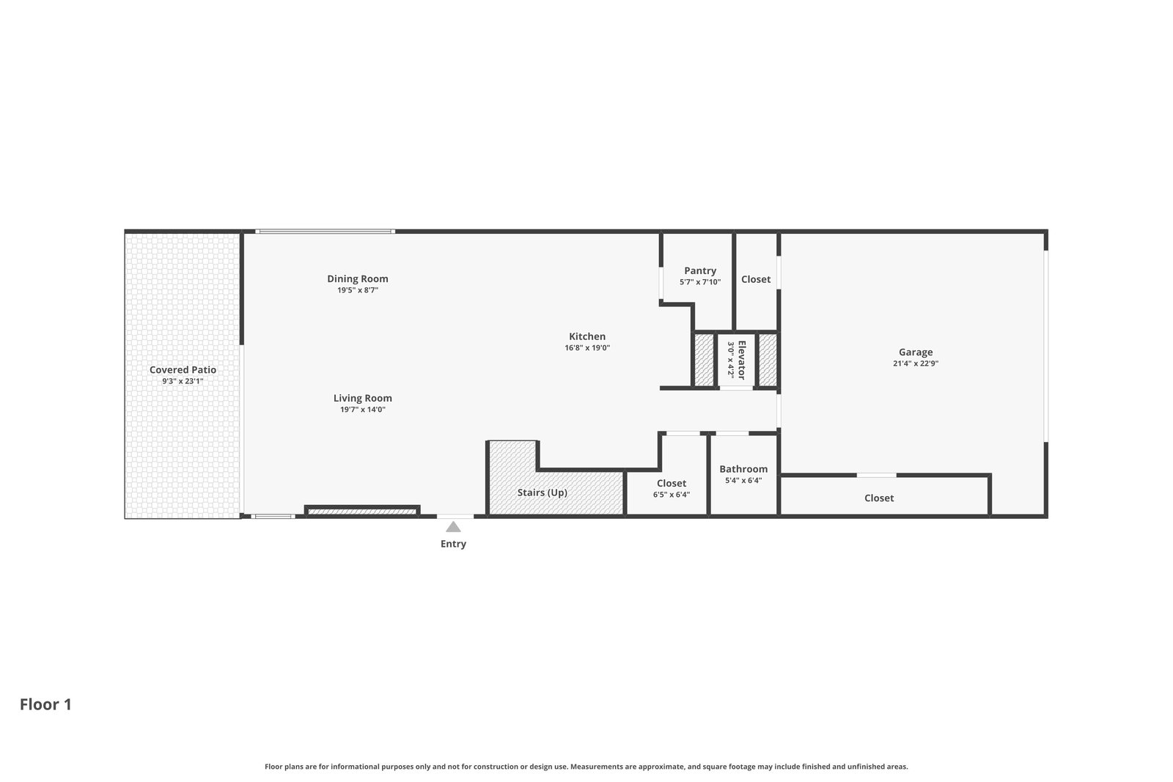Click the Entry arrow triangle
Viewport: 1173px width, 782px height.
pos(454,527)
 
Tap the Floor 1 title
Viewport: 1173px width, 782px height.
pos(45,704)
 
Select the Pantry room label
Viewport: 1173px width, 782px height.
pos(700,270)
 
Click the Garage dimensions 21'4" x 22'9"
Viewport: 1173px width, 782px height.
pos(916,364)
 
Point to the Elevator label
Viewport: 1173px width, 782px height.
pos(741,360)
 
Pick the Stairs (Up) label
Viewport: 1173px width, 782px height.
pos(543,493)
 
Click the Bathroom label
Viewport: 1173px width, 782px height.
pos(743,469)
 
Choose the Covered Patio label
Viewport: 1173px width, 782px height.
pos(183,369)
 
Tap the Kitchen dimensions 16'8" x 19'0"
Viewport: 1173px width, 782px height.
pos(587,347)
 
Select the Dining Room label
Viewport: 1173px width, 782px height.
pos(358,279)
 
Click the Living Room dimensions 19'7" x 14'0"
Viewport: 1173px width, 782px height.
pos(363,409)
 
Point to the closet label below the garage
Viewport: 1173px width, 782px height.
pos(879,498)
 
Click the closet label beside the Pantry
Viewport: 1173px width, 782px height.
pos(756,279)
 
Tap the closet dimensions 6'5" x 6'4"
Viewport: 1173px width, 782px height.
pos(672,495)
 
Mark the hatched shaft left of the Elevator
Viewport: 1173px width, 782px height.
pos(704,360)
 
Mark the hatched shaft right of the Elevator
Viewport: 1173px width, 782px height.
pos(768,360)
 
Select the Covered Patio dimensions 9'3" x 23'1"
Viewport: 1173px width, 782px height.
pos(183,381)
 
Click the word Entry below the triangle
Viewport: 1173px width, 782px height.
pos(454,544)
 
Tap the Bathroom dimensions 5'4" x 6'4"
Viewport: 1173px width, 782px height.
pos(743,481)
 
